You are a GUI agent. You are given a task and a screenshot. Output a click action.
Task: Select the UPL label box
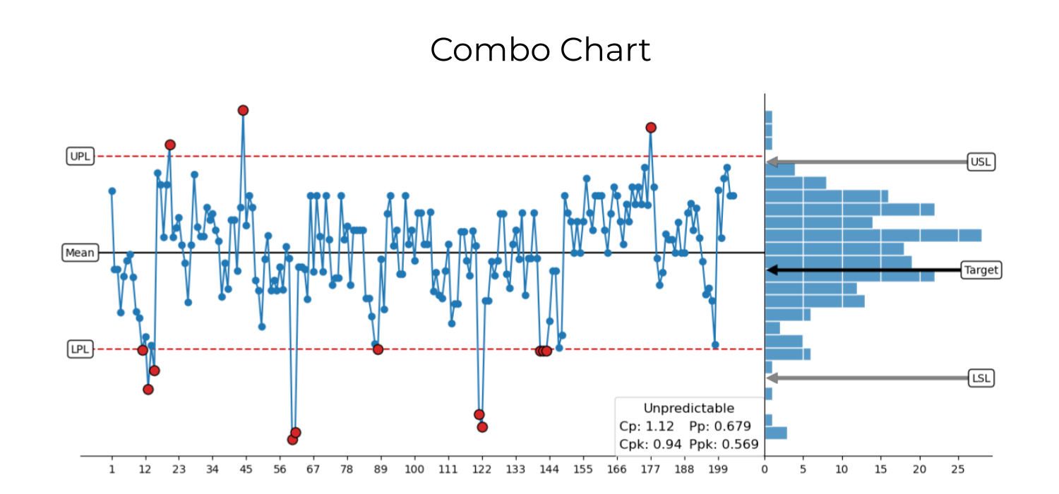coord(80,156)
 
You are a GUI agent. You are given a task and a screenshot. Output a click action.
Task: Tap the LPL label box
coord(80,349)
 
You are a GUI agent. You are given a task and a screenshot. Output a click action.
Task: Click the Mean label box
coord(80,253)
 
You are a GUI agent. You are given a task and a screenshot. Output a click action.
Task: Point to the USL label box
coord(981,162)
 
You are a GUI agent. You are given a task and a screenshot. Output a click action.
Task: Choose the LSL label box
coord(981,378)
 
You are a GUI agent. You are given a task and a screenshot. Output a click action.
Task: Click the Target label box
coord(981,270)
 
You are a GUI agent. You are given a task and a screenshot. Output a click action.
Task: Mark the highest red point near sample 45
coord(243,110)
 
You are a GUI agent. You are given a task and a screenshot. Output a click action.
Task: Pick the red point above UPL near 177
coord(651,128)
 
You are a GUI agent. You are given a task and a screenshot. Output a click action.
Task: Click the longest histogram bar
coord(873,235)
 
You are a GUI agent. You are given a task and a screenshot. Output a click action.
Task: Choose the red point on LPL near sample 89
coord(378,349)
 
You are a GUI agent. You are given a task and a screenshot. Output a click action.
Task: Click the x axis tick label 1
coord(112,468)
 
